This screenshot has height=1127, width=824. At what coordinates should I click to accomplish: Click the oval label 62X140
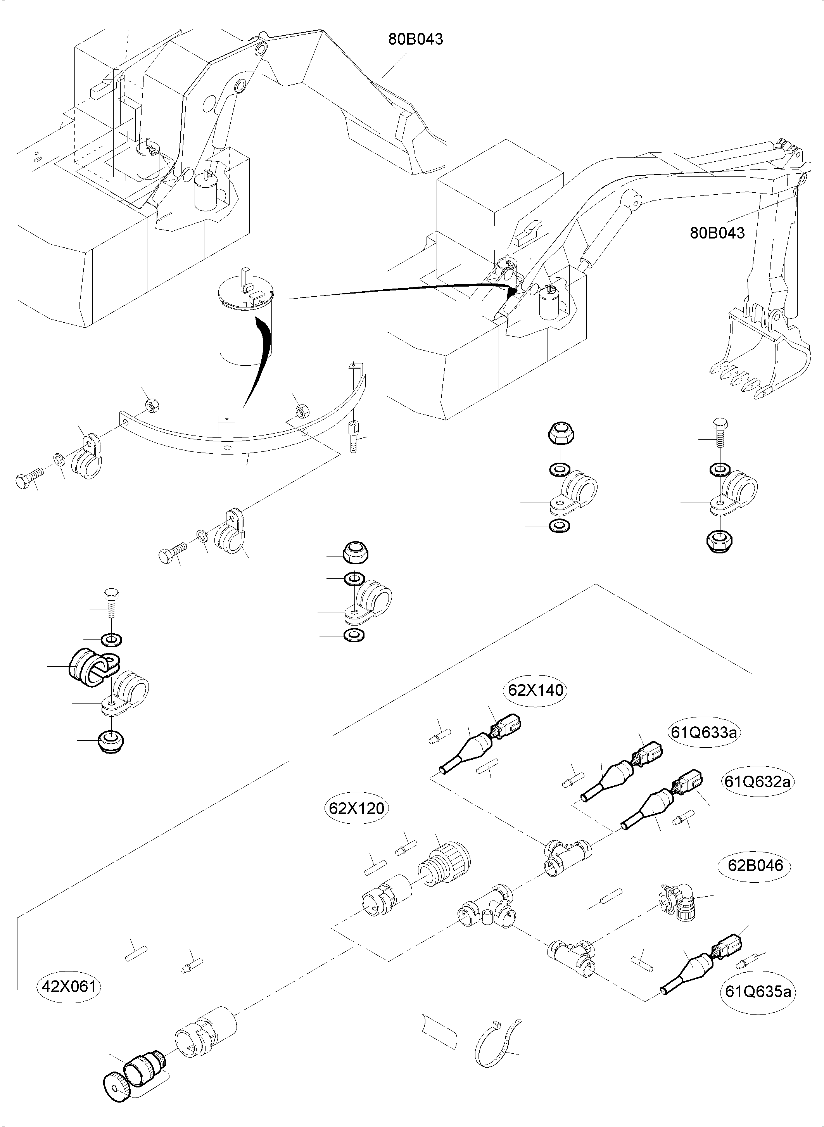tap(536, 690)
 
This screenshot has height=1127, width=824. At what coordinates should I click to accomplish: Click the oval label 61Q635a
tap(758, 991)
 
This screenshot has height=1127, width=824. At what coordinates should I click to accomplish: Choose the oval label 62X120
tap(357, 808)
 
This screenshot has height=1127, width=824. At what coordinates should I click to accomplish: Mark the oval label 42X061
tap(69, 986)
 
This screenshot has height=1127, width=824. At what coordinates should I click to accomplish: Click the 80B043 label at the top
tap(416, 39)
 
